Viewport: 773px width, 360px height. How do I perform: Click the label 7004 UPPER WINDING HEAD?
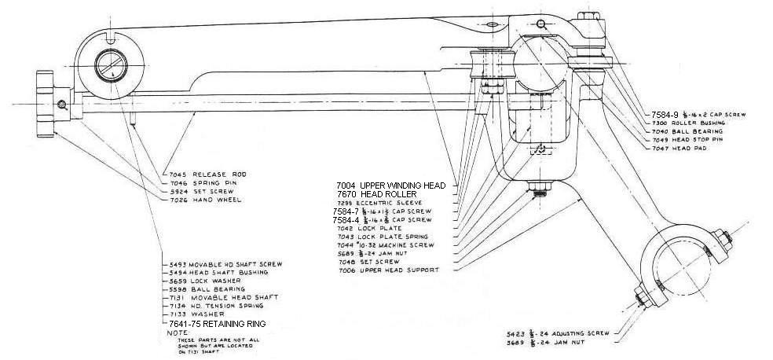(390, 186)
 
